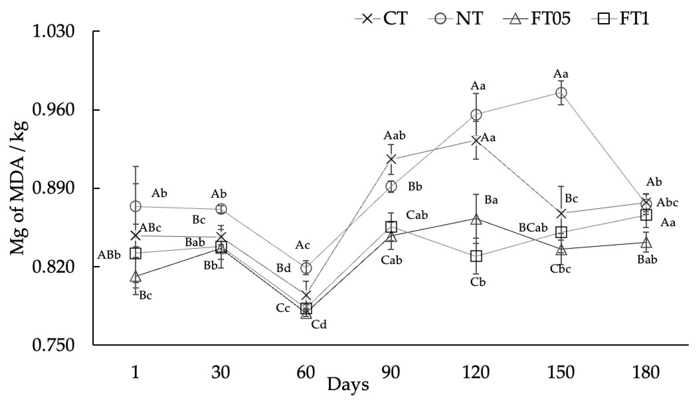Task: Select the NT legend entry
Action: pos(456,19)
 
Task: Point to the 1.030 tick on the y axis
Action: pos(54,31)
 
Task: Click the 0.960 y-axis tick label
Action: pos(54,110)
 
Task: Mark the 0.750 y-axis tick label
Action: pos(54,345)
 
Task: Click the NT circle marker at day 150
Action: pos(561,93)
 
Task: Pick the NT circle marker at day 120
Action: pos(476,114)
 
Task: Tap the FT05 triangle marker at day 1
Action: pos(135,276)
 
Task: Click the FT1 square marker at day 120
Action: pos(476,256)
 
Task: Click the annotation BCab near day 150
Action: pos(533,228)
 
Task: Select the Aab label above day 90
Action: pos(394,136)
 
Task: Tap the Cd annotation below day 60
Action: pos(319,325)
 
